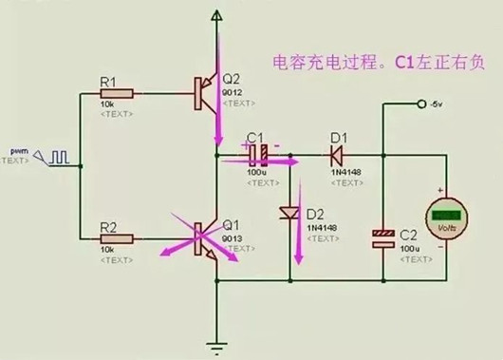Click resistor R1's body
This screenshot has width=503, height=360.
[119, 92]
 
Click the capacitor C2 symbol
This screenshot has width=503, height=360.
[383, 237]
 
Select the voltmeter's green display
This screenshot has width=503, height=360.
[443, 216]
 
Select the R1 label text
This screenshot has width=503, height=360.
[108, 80]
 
